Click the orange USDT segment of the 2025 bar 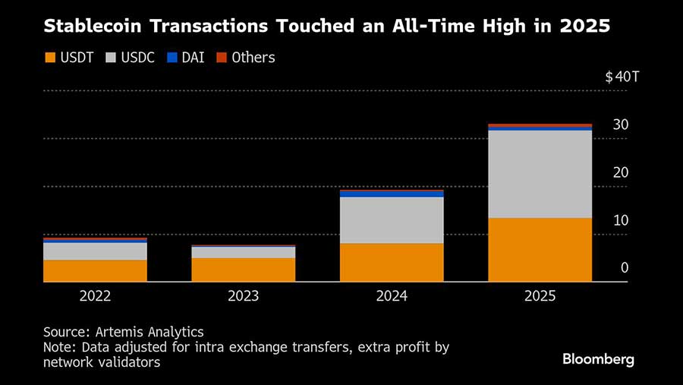pyautogui.click(x=540, y=250)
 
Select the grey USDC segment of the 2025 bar pyautogui.click(x=540, y=174)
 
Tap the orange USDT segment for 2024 pyautogui.click(x=392, y=262)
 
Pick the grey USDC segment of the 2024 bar pyautogui.click(x=392, y=220)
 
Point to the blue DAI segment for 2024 pyautogui.click(x=392, y=194)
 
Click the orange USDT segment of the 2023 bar pyautogui.click(x=243, y=270)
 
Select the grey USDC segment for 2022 pyautogui.click(x=95, y=251)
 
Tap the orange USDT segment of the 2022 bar pyautogui.click(x=95, y=271)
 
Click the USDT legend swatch pyautogui.click(x=50, y=58)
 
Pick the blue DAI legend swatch pyautogui.click(x=172, y=58)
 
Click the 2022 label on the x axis pyautogui.click(x=95, y=296)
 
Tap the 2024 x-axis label pyautogui.click(x=392, y=296)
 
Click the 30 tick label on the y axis pyautogui.click(x=621, y=125)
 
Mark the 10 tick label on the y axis pyautogui.click(x=621, y=220)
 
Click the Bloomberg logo pyautogui.click(x=598, y=359)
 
